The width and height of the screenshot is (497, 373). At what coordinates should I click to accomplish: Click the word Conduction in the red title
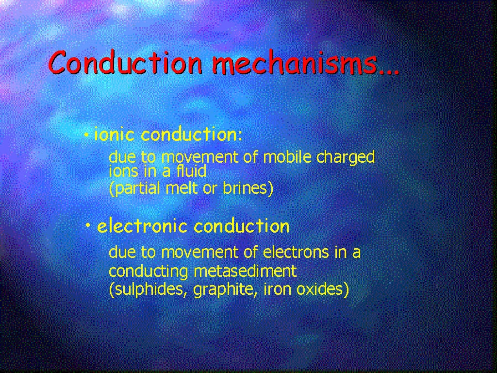(x=125, y=62)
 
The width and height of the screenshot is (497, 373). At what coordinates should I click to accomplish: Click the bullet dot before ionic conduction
(x=86, y=136)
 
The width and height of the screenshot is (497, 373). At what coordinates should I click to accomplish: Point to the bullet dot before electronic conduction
(x=88, y=225)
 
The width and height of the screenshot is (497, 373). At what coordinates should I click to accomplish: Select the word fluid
(x=191, y=171)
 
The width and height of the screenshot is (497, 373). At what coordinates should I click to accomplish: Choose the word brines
(x=245, y=188)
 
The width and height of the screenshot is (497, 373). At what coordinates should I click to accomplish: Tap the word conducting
(x=149, y=272)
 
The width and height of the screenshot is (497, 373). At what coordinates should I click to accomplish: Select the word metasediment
(x=245, y=271)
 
